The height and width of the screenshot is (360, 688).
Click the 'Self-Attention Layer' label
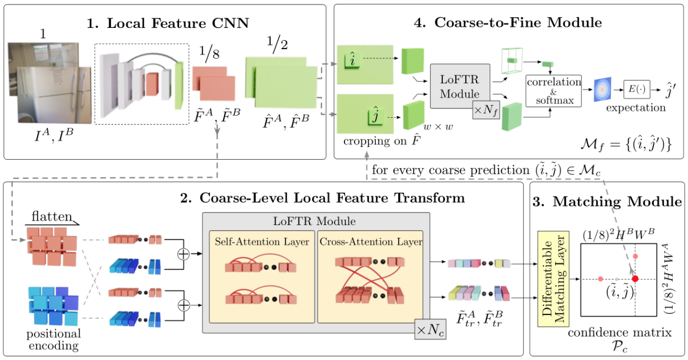pyautogui.click(x=262, y=242)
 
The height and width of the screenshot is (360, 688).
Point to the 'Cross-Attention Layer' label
pyautogui.click(x=371, y=242)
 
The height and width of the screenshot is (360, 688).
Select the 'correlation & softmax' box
pyautogui.click(x=554, y=91)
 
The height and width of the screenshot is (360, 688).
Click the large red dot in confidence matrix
pyautogui.click(x=635, y=279)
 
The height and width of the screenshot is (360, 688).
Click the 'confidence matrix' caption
pyautogui.click(x=620, y=333)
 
